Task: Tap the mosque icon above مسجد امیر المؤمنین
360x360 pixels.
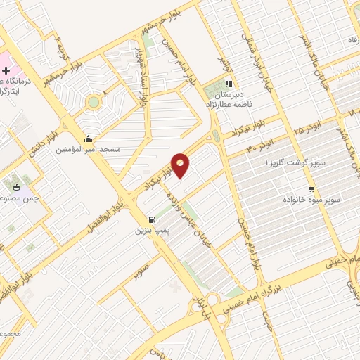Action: tap(88, 139)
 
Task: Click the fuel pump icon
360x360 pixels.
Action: tap(153, 219)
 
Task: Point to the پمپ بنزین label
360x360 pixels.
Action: tap(152, 229)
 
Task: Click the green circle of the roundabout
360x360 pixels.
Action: tap(93, 103)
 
